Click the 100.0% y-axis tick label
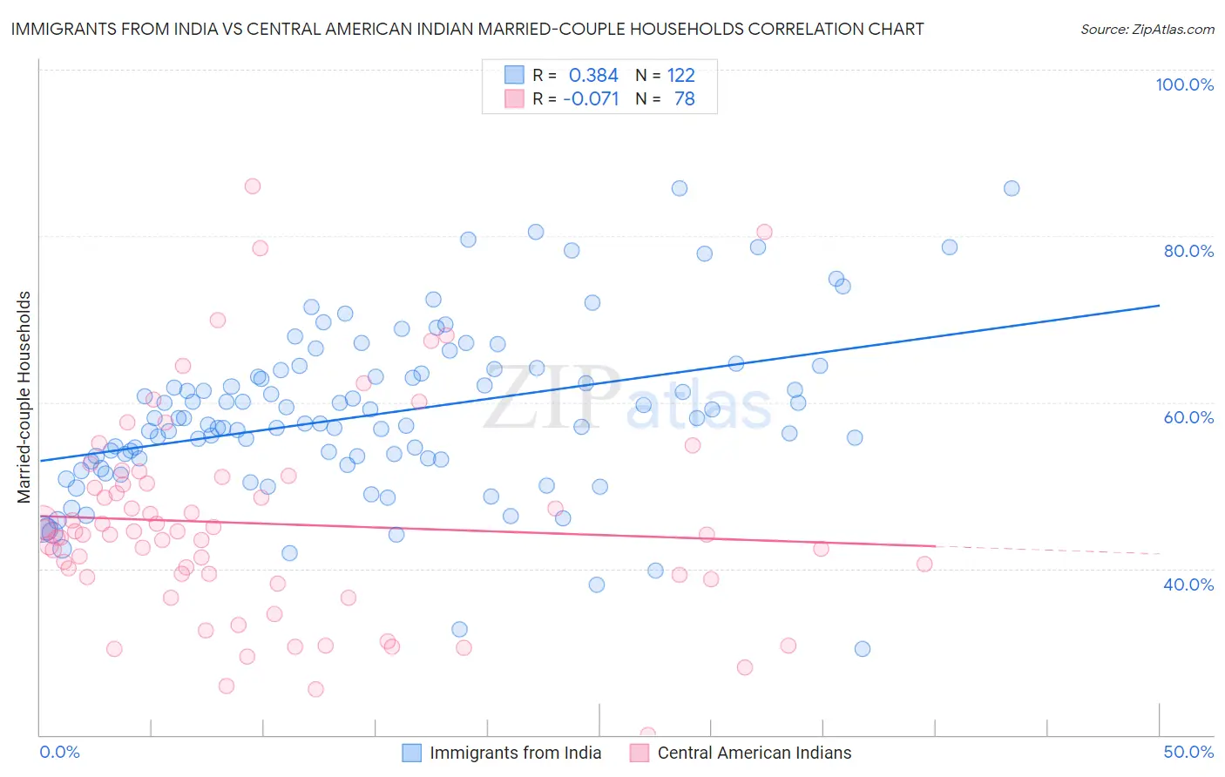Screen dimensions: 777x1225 pyautogui.click(x=1184, y=84)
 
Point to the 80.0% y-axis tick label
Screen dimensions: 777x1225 pyautogui.click(x=1188, y=251)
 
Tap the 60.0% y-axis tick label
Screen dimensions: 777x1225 pyautogui.click(x=1188, y=417)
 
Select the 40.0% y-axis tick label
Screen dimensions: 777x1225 pyautogui.click(x=1188, y=584)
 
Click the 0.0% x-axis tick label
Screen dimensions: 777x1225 pyautogui.click(x=59, y=752)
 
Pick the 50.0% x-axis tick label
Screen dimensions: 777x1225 pyautogui.click(x=1188, y=752)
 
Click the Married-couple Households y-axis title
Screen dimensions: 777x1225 pyautogui.click(x=24, y=397)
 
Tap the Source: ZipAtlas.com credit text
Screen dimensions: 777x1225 pyautogui.click(x=1147, y=30)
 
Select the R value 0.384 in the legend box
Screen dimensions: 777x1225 pyautogui.click(x=593, y=76)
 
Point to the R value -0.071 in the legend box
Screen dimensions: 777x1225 pyautogui.click(x=591, y=99)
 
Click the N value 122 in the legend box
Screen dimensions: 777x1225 pyautogui.click(x=681, y=76)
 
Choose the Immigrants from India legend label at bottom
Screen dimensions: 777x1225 pyautogui.click(x=515, y=753)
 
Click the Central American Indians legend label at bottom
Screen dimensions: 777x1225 pyautogui.click(x=755, y=753)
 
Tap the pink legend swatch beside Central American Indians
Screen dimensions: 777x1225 pyautogui.click(x=640, y=753)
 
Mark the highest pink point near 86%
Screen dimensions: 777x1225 pyautogui.click(x=253, y=186)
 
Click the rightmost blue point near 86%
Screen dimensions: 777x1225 pyautogui.click(x=1012, y=188)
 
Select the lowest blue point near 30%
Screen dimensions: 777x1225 pyautogui.click(x=863, y=648)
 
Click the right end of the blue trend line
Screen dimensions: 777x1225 pyautogui.click(x=1160, y=306)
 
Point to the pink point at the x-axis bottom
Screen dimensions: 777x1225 pyautogui.click(x=648, y=734)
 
